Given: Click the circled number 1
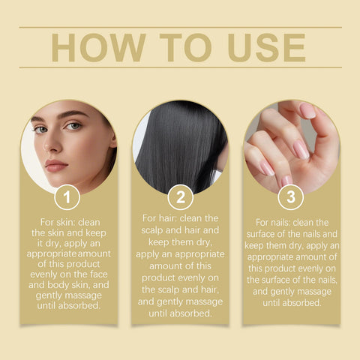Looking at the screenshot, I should [67, 198].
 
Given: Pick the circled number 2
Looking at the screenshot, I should [180, 198].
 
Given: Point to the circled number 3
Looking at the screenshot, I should [291, 198].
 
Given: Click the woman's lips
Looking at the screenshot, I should [55, 165].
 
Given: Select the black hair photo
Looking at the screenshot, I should [180, 146].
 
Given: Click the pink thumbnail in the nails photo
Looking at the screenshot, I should [308, 111].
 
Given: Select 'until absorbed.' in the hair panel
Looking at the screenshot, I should [180, 313].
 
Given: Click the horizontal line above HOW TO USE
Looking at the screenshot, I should [180, 28].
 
